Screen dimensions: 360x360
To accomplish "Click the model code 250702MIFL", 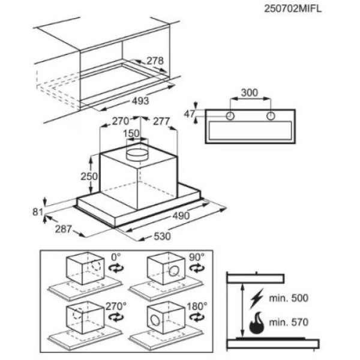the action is coord(293,9).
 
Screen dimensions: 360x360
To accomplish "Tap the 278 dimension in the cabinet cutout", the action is coord(155,61).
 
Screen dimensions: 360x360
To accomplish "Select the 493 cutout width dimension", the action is coord(140,101).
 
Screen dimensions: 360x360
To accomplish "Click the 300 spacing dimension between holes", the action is coord(250,93).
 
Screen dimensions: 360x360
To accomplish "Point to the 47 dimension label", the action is coord(189,114).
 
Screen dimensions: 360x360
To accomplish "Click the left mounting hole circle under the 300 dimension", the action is coord(230,116).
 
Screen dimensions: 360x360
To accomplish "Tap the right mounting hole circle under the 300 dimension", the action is coord(271,116).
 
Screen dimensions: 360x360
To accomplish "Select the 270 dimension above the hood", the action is coord(121,121).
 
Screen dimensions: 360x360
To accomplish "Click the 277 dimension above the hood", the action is coord(161,121).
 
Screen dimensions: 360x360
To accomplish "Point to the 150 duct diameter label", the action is coord(131,133).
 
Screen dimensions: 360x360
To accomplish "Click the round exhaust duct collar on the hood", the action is coord(137,155).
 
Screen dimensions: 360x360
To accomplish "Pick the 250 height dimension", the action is coord(89,176).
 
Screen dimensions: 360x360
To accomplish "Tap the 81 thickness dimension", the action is coord(38,212).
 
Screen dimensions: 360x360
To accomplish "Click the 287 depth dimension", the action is coord(64,229).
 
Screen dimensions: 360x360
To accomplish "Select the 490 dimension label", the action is coord(181,216).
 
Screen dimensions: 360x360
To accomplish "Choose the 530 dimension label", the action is coord(163,236).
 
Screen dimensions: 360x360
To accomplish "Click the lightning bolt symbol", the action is coord(257,298).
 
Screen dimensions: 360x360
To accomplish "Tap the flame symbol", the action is coord(257,323).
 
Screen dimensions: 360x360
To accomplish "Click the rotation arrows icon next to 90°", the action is coord(197,268).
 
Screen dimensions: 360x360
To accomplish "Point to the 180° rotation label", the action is coord(197,306).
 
